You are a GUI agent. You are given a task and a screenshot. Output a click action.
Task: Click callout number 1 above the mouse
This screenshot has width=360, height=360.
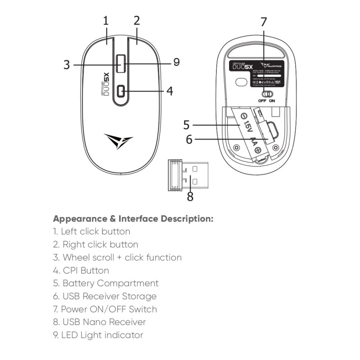coord(106,21)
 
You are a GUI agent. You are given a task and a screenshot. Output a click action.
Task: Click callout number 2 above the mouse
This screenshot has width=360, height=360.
coord(137,21)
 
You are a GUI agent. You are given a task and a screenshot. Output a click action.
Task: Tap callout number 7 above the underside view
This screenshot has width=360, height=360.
coord(264,22)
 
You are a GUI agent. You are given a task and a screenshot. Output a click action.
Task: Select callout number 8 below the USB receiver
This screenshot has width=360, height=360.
coord(190,197)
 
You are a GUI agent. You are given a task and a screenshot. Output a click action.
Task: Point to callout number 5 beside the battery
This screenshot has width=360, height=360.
coord(188,124)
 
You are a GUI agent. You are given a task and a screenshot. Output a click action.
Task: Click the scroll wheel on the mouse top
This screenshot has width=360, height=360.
coord(121,63)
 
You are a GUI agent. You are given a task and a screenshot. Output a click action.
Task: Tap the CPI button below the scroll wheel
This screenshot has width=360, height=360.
coord(121,91)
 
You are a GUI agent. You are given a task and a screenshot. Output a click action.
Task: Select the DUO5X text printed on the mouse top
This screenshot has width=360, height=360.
coord(105,84)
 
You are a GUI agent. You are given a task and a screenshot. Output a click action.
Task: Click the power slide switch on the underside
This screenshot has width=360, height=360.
coord(268,94)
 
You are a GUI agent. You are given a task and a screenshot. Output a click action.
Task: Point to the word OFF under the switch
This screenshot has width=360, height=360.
coord(262,101)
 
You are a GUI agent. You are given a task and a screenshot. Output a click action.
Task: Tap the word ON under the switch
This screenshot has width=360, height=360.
coord(272,101)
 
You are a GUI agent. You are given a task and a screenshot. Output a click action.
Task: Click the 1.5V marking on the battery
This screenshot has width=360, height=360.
coord(246,125)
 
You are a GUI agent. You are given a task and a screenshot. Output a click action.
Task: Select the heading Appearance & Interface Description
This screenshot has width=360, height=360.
coord(133,219)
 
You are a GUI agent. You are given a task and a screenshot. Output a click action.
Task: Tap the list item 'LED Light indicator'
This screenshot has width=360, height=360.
coord(98,335)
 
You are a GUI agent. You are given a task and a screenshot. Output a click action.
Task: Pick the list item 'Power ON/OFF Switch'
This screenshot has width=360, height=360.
coord(105,309)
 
